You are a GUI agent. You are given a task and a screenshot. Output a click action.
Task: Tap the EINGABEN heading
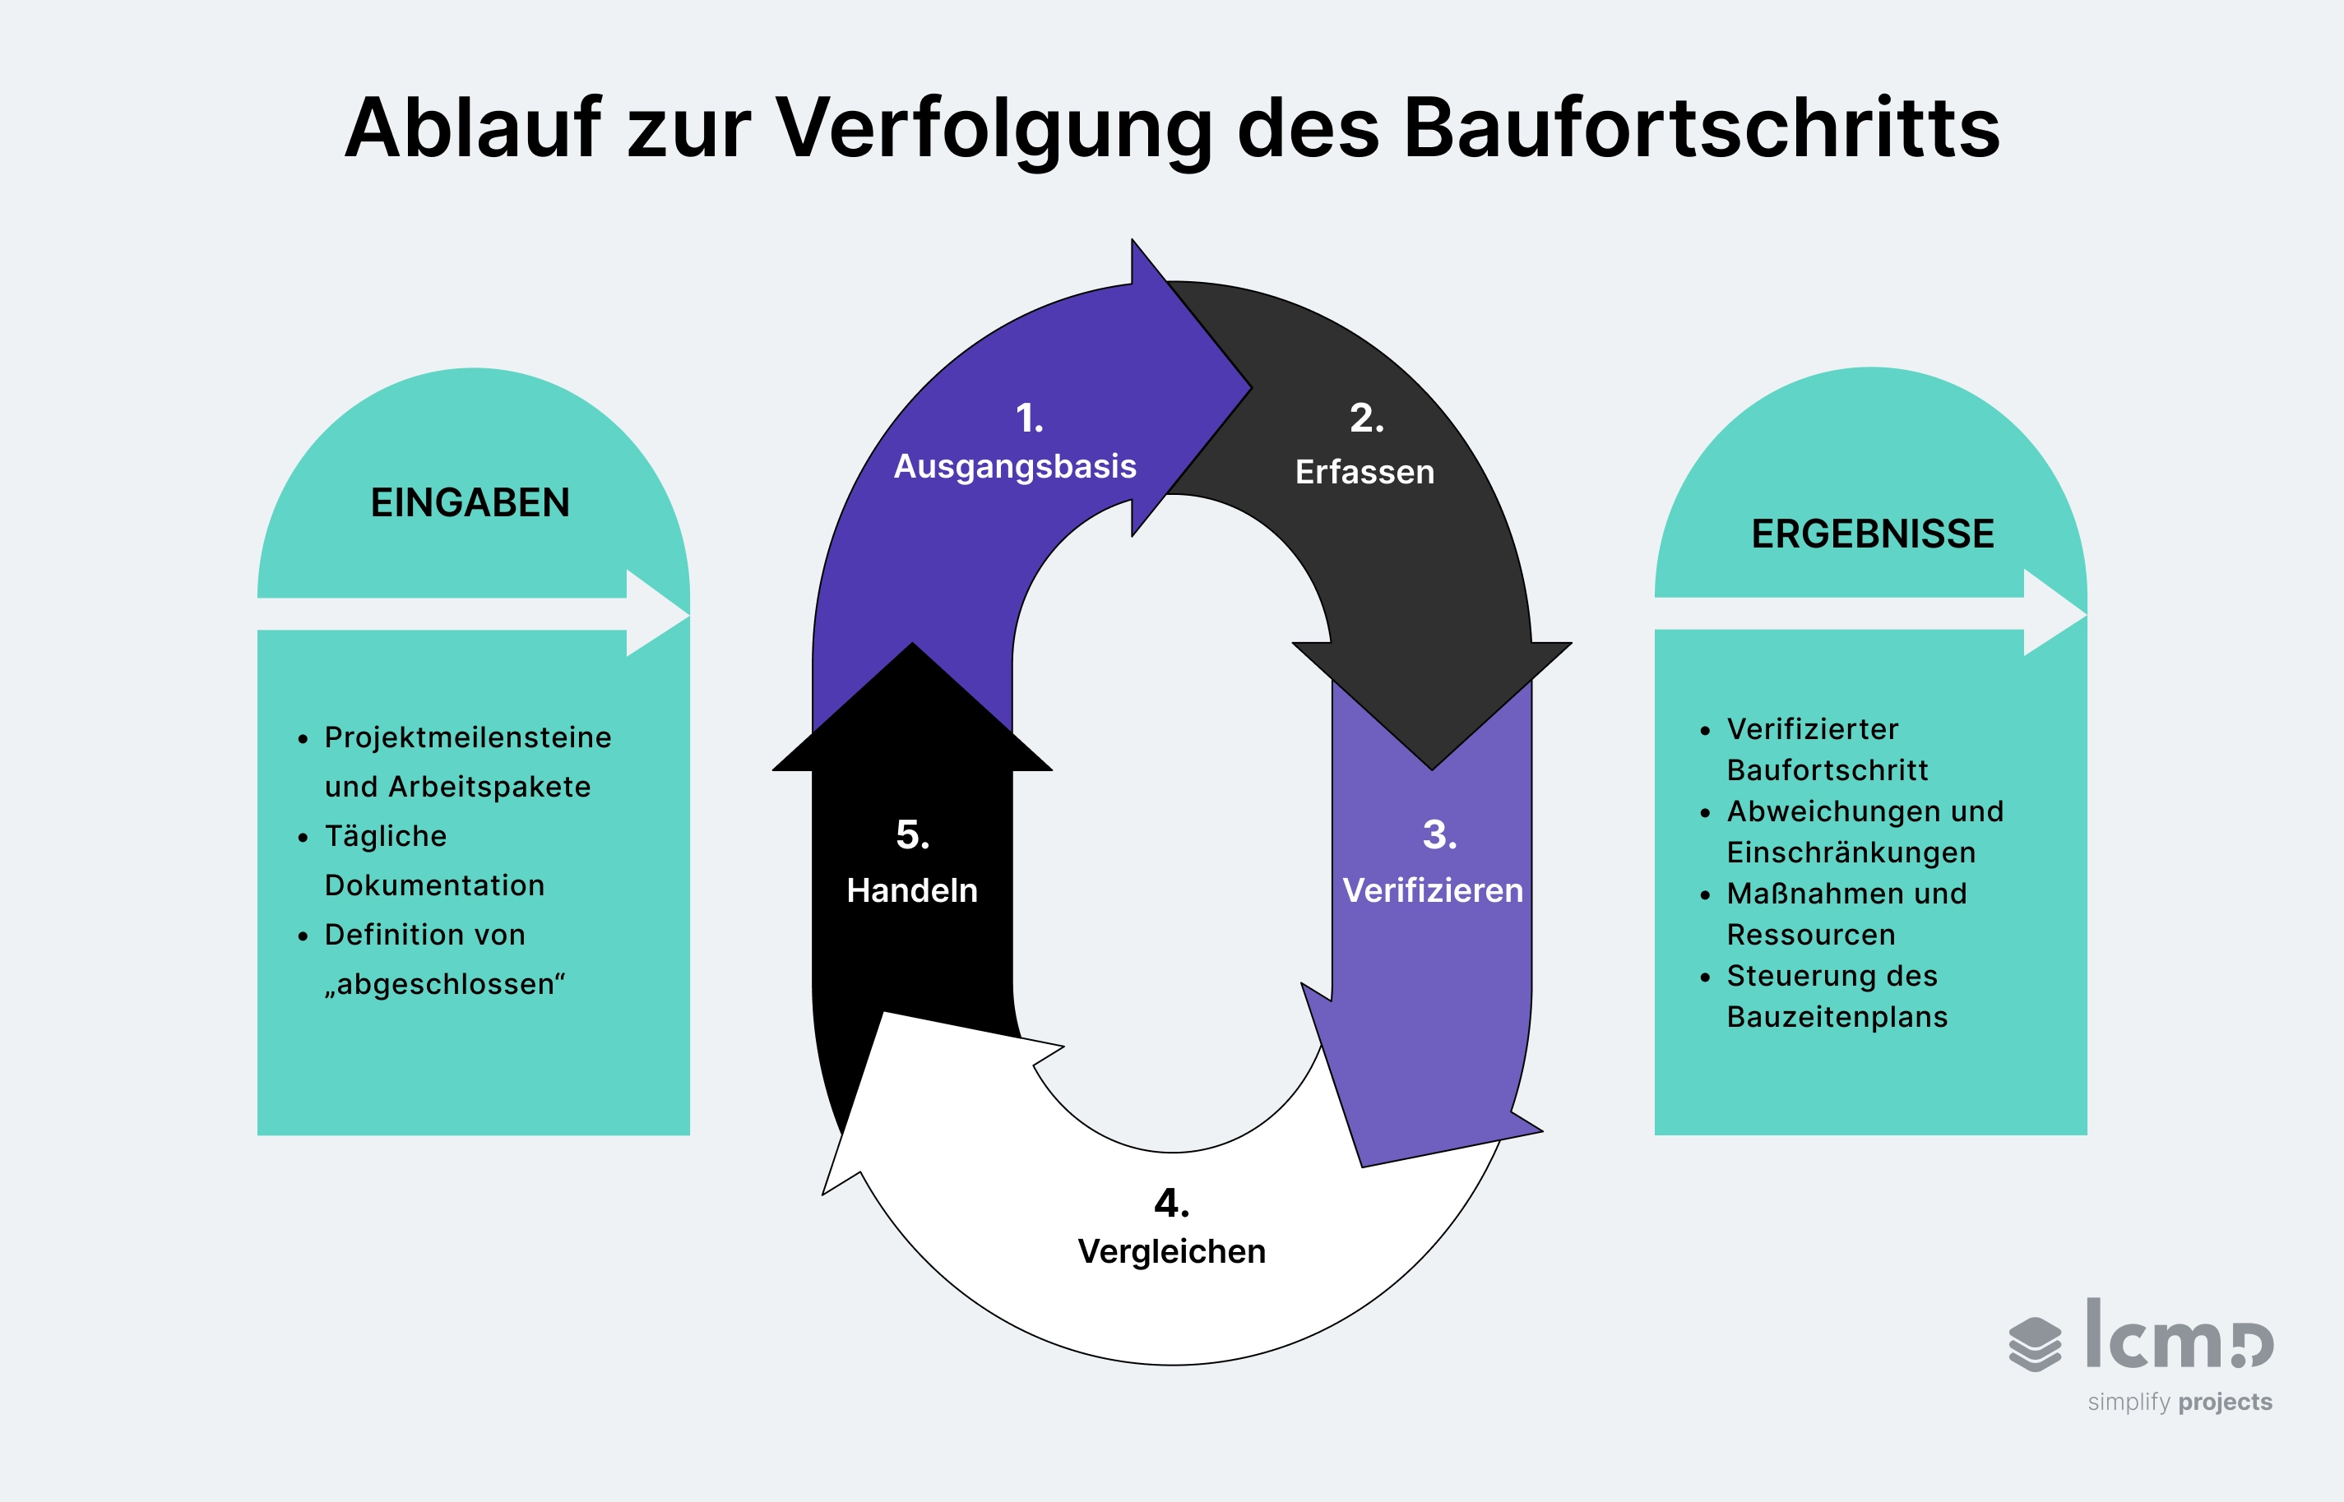(x=470, y=503)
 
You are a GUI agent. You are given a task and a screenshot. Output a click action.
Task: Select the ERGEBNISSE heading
(x=1872, y=534)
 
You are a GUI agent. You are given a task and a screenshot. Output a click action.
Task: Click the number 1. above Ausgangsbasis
(x=1029, y=418)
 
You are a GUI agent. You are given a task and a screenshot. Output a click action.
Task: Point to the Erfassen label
(x=1364, y=472)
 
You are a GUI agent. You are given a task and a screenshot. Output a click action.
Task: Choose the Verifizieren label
(x=1432, y=890)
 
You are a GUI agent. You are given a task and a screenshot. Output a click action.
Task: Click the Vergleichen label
(x=1171, y=1251)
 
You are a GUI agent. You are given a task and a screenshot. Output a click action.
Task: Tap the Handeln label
(x=912, y=890)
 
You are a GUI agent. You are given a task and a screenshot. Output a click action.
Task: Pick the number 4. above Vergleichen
(x=1171, y=1204)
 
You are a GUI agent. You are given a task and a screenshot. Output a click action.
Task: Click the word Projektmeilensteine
(x=468, y=737)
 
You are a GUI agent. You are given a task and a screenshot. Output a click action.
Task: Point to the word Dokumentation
(x=435, y=885)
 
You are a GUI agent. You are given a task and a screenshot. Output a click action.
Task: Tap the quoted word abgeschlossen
(x=446, y=984)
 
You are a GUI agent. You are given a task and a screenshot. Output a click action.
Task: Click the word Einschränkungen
(x=1851, y=853)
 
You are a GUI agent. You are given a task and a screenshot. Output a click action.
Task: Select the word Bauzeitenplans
(x=1837, y=1017)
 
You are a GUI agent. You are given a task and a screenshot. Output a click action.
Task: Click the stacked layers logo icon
(x=2035, y=1344)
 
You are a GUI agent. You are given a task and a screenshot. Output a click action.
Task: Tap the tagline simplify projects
(x=2180, y=1402)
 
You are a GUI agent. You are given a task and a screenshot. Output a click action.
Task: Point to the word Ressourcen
(x=1810, y=935)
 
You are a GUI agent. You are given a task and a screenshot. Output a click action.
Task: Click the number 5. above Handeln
(x=912, y=835)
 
